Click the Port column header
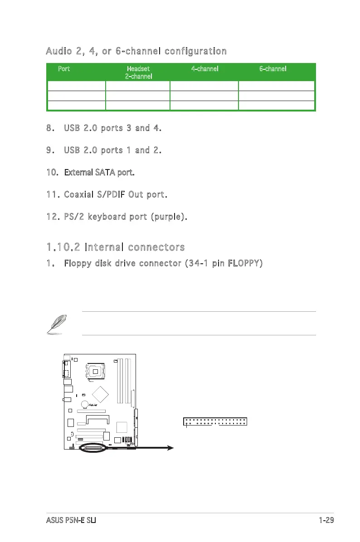(64, 69)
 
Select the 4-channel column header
(204, 69)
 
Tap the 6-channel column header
(272, 69)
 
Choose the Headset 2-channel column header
(138, 73)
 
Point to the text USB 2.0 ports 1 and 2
(113, 150)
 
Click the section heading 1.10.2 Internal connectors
(115, 247)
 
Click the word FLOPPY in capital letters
(241, 263)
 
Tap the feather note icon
(58, 324)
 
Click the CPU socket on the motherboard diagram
(95, 372)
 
